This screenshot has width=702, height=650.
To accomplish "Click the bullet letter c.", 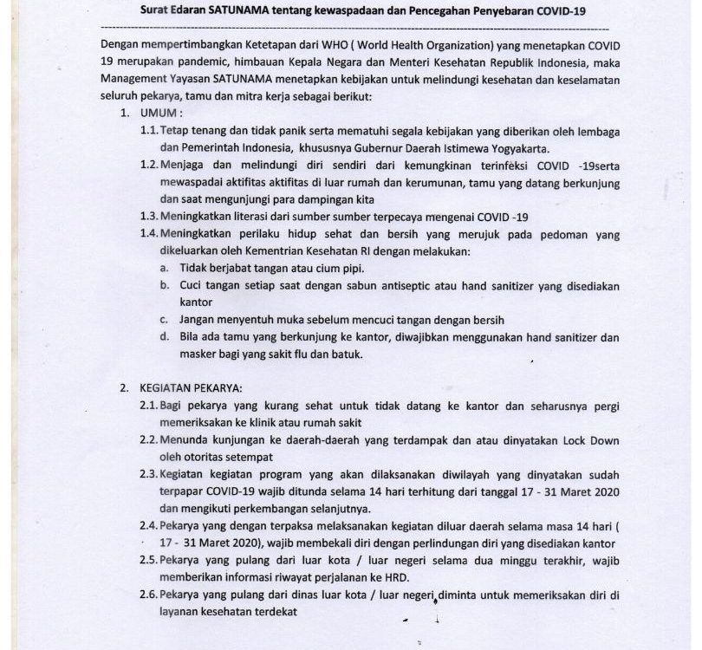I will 163,319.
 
